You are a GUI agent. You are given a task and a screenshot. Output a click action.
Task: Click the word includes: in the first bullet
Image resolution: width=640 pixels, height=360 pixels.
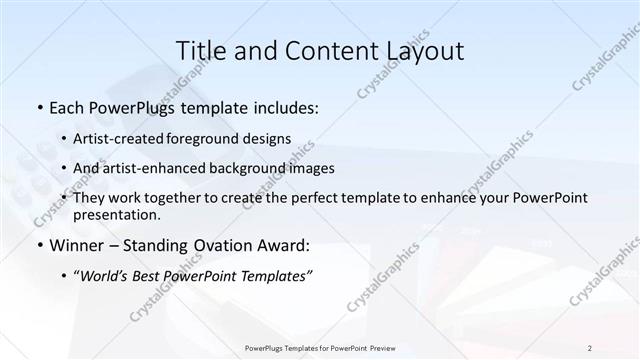[x=282, y=107]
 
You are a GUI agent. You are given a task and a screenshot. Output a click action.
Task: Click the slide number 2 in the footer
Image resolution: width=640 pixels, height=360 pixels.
[x=590, y=347]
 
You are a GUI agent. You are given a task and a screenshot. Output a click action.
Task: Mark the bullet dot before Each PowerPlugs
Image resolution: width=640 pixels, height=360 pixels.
[x=39, y=108]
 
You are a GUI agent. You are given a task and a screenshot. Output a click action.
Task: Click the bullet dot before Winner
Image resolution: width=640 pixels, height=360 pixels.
[x=39, y=246]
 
